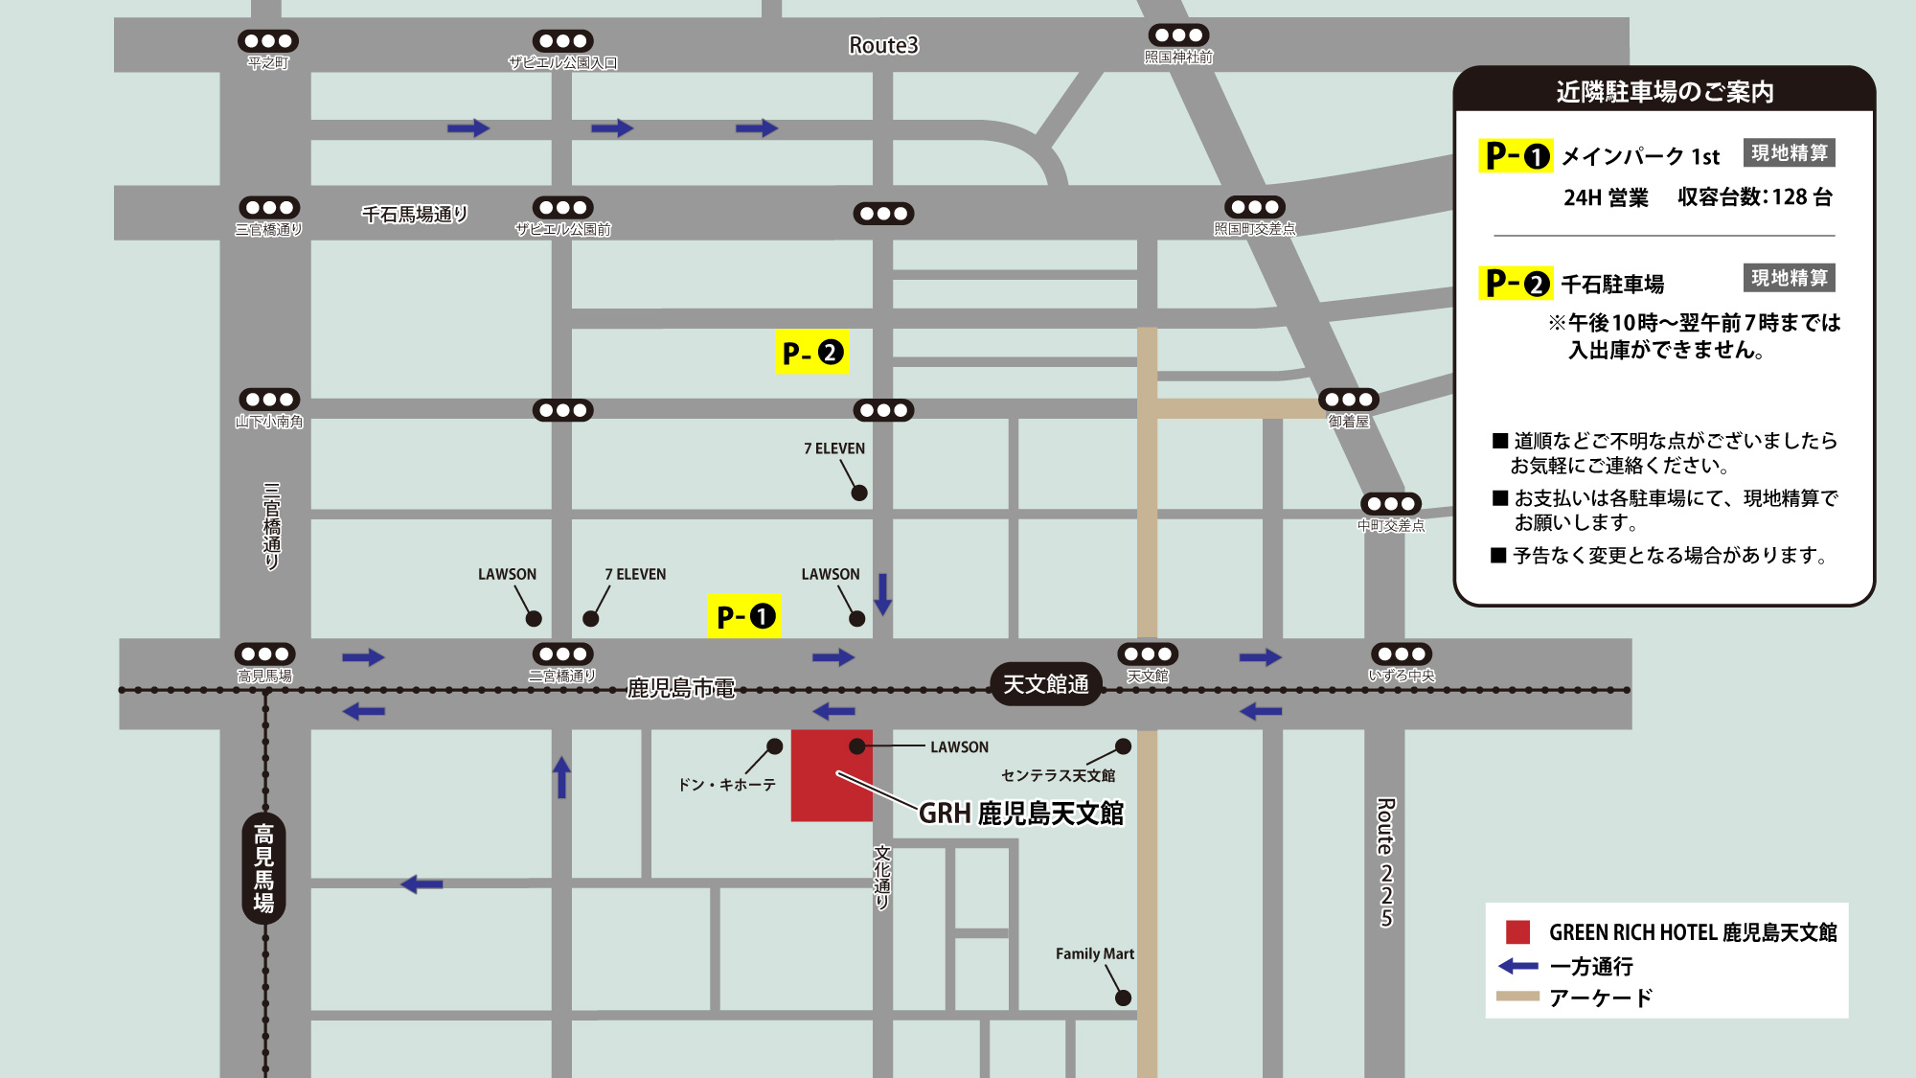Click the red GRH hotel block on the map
pos(831,776)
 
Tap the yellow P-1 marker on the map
pos(743,616)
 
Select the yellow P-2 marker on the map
pos(812,353)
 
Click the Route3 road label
pos(883,45)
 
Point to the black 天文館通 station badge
pos(1045,684)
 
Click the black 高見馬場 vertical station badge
pos(263,868)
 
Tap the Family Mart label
pos(1094,953)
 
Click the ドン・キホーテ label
pos(726,785)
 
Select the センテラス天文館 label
pos(1058,775)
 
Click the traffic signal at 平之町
pos(268,41)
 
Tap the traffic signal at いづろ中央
pos(1402,654)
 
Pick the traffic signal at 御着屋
pos(1349,400)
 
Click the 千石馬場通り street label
pos(414,214)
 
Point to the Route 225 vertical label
pos(1385,862)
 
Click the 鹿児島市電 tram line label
pos(680,688)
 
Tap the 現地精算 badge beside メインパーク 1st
pos(1789,153)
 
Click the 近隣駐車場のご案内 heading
pos(1664,92)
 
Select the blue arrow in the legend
pos(1518,966)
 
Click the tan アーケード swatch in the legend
pos(1517,997)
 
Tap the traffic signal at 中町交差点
pos(1391,504)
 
